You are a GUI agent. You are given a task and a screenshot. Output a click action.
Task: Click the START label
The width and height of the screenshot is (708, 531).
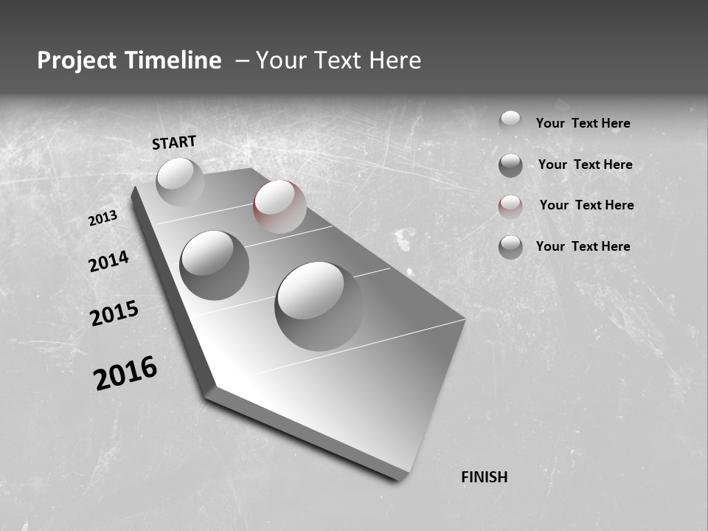pos(174,142)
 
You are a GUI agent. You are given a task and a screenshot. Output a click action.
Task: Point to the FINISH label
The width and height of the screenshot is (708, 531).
pos(485,477)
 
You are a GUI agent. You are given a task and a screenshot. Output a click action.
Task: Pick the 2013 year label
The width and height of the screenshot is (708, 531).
pos(103,218)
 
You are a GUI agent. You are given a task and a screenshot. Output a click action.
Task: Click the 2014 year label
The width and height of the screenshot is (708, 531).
pos(108,262)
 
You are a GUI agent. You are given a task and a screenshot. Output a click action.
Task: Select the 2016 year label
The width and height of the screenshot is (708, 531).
pos(125,373)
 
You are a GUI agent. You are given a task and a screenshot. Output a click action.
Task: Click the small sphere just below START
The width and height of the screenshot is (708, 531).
pos(180,181)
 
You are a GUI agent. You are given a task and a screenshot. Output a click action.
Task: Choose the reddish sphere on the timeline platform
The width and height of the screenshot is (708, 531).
pos(280,206)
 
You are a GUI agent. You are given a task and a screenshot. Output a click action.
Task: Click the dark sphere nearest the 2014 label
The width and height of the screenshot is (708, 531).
pos(214,265)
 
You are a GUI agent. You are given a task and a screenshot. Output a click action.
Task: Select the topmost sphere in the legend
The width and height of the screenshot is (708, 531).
pos(510,122)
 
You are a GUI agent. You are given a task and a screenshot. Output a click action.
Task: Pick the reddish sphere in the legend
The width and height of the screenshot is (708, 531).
pos(510,206)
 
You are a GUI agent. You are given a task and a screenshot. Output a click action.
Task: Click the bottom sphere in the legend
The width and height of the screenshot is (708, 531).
pos(510,247)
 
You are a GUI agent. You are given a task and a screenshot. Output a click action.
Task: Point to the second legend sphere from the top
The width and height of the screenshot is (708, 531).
pos(510,165)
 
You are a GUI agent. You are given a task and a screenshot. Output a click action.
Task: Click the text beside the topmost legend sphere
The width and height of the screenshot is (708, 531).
pos(583,123)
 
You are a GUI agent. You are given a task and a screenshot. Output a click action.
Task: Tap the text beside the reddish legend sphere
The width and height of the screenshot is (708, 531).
pos(586,205)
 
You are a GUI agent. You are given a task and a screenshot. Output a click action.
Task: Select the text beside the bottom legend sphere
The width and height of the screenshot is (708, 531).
pos(583,246)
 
